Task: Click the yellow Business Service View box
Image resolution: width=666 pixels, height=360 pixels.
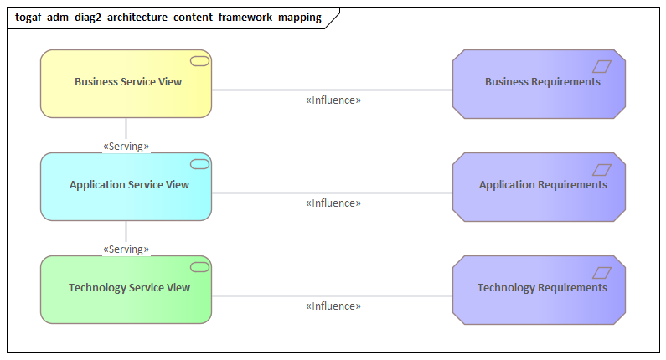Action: tap(126, 83)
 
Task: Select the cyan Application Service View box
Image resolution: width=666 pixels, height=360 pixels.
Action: tap(126, 186)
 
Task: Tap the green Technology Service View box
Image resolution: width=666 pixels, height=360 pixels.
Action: tap(126, 289)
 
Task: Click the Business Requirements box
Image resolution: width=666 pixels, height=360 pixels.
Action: tap(539, 83)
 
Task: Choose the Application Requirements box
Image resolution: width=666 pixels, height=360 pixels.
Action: tap(539, 186)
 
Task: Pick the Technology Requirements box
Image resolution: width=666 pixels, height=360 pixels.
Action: tap(539, 289)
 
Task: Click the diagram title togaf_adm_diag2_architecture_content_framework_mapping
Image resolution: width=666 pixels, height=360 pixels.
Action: tap(168, 18)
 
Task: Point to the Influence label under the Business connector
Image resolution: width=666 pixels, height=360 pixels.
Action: tap(333, 100)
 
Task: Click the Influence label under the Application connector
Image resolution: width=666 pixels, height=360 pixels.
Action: tap(333, 203)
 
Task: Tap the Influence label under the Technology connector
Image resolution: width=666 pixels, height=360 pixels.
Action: tap(333, 306)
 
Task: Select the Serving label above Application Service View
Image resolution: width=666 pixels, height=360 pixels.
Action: tap(126, 147)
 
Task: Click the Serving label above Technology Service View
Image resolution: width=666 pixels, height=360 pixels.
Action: tap(126, 249)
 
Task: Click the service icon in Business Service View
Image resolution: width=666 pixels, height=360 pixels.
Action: tap(199, 61)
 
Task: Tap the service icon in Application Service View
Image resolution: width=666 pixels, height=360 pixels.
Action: tap(199, 164)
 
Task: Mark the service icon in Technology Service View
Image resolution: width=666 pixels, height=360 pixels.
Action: tap(199, 267)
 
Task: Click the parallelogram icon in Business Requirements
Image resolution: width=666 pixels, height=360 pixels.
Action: tap(601, 66)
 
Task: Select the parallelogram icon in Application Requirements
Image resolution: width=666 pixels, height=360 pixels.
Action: tap(601, 169)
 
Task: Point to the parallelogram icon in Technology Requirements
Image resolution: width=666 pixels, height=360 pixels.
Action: tap(601, 272)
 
